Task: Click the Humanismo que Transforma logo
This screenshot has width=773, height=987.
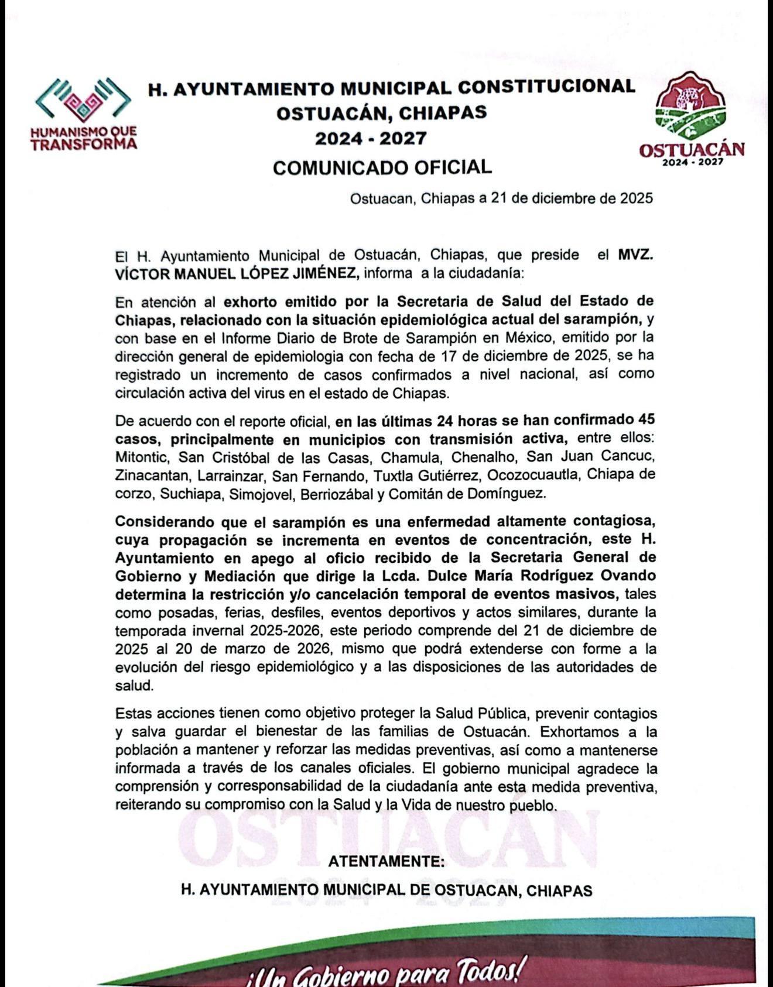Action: [x=83, y=114]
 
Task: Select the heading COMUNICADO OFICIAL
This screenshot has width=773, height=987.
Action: [x=382, y=168]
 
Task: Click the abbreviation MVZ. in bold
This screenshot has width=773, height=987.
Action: [x=635, y=256]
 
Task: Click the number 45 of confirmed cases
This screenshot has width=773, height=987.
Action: [x=647, y=420]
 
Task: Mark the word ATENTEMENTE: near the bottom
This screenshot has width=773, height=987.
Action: [x=386, y=861]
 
